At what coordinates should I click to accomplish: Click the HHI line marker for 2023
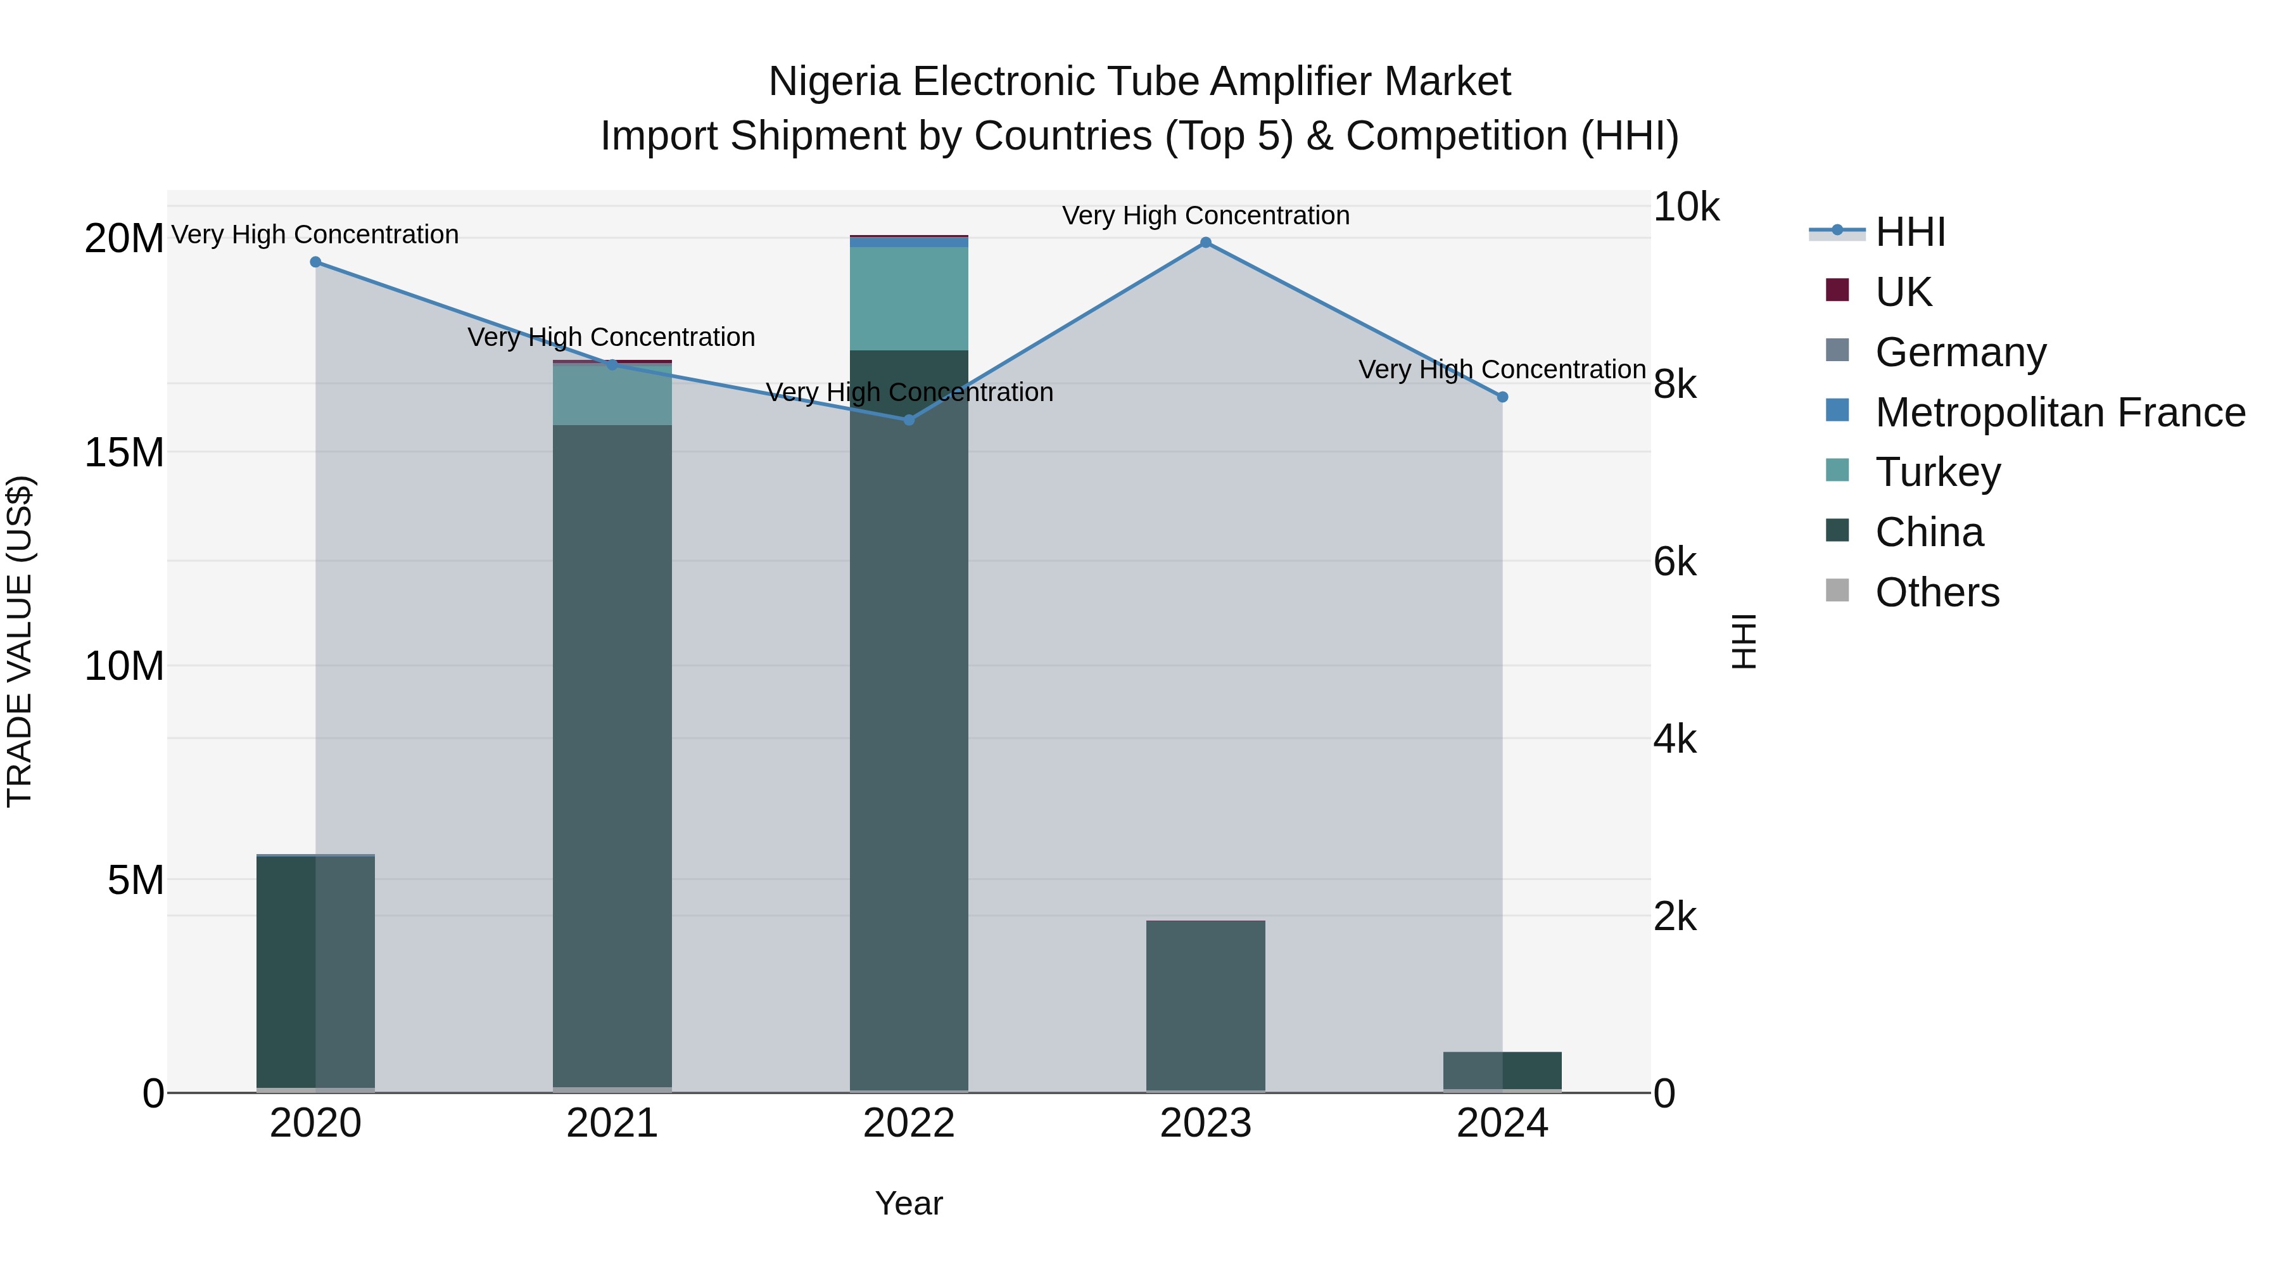point(1205,243)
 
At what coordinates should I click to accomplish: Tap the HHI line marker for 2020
point(316,262)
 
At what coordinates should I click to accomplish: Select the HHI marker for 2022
point(909,419)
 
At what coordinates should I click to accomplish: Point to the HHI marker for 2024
point(1502,397)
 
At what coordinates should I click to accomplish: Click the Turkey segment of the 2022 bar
point(909,298)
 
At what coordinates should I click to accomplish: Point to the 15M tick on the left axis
point(124,452)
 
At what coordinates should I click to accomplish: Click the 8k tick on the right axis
point(1675,385)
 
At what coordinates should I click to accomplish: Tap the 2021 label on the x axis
point(612,1123)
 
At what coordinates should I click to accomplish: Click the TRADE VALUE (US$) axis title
point(20,641)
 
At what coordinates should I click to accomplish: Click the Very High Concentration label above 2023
point(1205,215)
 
